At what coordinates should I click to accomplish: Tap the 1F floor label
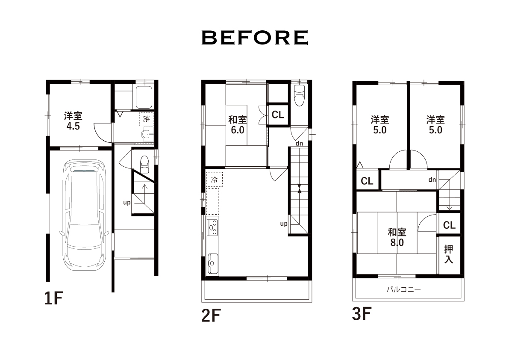(x=53, y=298)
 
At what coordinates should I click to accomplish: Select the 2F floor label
(x=211, y=315)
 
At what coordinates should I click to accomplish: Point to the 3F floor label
(x=362, y=313)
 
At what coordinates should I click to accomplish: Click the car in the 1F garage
(x=84, y=215)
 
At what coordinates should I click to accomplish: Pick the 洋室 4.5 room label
(x=73, y=121)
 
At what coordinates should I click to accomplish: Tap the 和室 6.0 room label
(x=238, y=125)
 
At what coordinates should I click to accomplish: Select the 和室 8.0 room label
(x=397, y=237)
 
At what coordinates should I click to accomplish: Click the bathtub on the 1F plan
(x=144, y=97)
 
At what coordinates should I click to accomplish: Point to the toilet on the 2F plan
(x=299, y=95)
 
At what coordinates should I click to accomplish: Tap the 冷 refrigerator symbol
(x=214, y=179)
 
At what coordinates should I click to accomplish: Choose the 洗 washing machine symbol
(x=147, y=119)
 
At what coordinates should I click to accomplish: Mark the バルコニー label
(x=403, y=289)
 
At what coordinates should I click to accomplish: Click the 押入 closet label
(x=449, y=254)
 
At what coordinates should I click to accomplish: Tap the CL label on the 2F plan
(x=278, y=115)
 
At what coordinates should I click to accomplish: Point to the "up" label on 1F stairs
(x=127, y=203)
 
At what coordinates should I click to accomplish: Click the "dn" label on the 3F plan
(x=432, y=180)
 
